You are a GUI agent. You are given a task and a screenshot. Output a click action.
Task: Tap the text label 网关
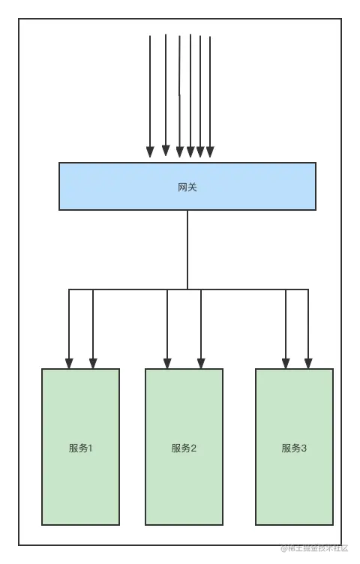coord(187,187)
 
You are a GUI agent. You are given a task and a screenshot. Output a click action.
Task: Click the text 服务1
coord(81,448)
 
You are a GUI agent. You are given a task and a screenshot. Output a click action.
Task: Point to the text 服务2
coord(184,448)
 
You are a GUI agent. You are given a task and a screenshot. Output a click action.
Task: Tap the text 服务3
coord(294,448)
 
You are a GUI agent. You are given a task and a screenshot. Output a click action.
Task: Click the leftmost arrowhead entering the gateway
coord(150,151)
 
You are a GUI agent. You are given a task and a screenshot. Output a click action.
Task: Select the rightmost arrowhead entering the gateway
coord(210,151)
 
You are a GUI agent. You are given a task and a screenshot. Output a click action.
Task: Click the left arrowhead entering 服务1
coord(69,363)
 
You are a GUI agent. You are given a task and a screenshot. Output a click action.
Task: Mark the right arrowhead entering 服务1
coord(93,363)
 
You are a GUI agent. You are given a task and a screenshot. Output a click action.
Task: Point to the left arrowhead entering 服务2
coord(167,363)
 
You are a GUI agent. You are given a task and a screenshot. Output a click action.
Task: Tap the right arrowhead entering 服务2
coord(201,363)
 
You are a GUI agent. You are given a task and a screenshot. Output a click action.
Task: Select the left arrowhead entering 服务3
coord(286,363)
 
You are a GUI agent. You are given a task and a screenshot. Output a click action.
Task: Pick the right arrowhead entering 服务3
coord(308,363)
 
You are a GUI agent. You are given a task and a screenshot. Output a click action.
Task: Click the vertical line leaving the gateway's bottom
coord(187,247)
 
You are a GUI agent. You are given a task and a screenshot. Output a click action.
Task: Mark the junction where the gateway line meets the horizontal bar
coord(187,289)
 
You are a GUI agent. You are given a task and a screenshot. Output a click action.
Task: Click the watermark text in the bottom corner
coord(314,548)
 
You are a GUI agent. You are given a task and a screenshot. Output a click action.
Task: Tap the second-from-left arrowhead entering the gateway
coord(166,151)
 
